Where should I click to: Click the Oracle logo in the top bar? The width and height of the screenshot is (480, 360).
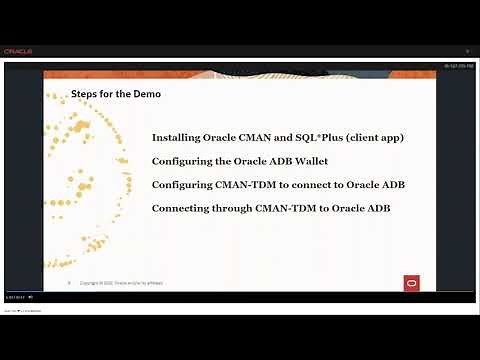point(18,51)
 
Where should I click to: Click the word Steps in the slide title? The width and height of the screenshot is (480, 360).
point(84,94)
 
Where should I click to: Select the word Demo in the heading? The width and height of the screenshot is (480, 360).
point(148,94)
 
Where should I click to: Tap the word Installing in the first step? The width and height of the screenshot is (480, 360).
point(177,137)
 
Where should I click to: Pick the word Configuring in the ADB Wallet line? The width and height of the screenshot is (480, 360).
point(183,160)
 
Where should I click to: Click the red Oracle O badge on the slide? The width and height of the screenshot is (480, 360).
point(410,282)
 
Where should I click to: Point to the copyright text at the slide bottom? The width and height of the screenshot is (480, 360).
point(124,283)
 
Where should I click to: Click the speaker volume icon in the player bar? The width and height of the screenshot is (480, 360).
point(31,297)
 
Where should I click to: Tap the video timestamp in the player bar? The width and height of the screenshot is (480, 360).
point(13,297)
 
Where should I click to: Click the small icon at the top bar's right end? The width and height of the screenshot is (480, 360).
point(467,51)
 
